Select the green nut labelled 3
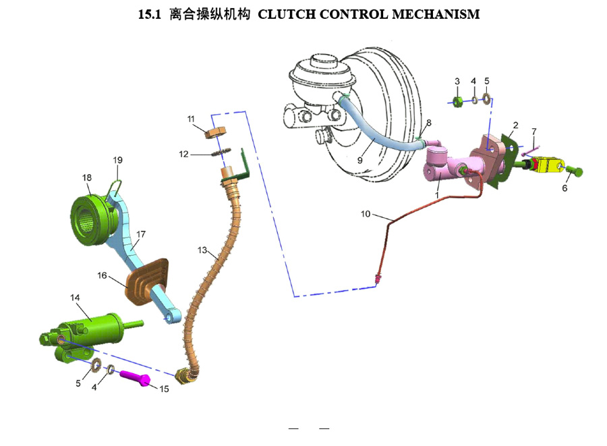tap(457, 101)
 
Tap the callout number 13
tap(202, 250)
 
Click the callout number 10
tap(366, 215)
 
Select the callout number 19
tap(118, 161)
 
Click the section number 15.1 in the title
tap(149, 14)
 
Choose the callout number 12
tap(184, 153)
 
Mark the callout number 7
tap(533, 131)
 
